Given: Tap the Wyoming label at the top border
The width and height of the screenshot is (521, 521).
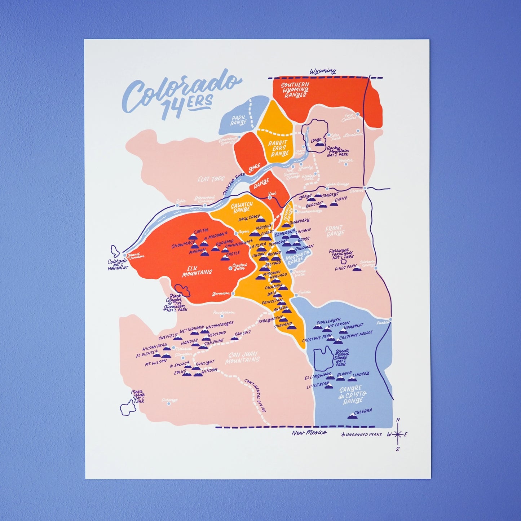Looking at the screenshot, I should [x=323, y=71].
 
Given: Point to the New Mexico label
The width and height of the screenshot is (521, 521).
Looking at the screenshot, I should [x=309, y=433].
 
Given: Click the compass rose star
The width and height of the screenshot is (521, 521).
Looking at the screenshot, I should [x=398, y=434].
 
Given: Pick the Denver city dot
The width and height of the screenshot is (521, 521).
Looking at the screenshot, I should [x=365, y=188].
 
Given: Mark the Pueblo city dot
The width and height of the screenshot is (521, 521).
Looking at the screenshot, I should [x=390, y=319].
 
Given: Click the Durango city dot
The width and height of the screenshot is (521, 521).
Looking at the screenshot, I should [x=168, y=403].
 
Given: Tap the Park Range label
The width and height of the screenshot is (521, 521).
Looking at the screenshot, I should [x=238, y=120].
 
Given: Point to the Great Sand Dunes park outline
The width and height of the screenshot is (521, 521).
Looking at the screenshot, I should [x=323, y=359].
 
